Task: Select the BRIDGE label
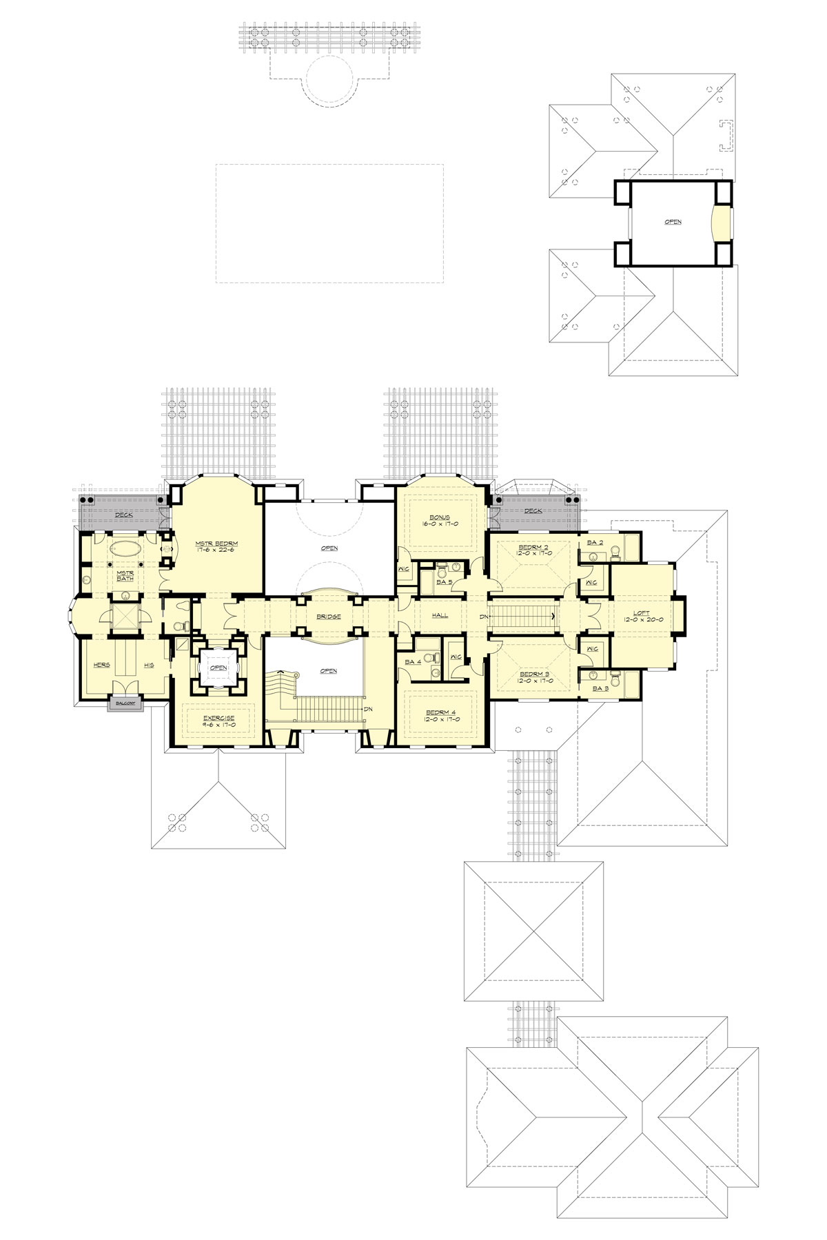point(329,616)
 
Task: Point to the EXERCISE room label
point(219,718)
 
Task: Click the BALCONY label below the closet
point(125,703)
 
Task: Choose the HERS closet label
point(101,665)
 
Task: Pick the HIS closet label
point(149,665)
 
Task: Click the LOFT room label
point(642,612)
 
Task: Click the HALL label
point(440,614)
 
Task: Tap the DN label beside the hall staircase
point(484,614)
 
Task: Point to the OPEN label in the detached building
point(673,222)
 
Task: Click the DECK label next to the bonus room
point(533,510)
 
